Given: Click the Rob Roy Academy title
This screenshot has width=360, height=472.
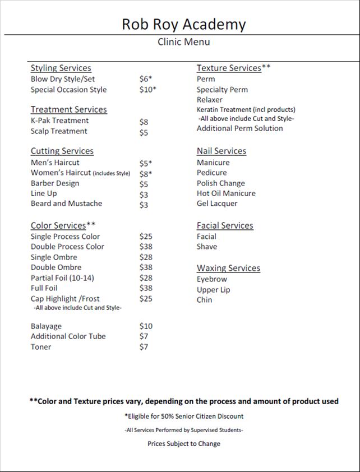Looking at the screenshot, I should pos(183,24).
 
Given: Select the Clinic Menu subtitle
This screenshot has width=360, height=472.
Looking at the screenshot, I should pos(183,42).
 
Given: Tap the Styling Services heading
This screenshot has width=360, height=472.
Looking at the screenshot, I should pos(61,68).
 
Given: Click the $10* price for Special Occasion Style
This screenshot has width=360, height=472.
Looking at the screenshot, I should pos(147,90).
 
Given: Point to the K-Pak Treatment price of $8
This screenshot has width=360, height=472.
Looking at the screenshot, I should pos(144,121).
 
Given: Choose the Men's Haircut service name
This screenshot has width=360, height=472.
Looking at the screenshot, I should pos(55,163).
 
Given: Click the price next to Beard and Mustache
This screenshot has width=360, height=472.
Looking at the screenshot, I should pos(144,204).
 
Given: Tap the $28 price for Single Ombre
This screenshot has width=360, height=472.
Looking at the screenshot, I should pos(146,257).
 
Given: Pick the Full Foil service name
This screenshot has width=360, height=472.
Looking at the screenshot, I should pos(44,288).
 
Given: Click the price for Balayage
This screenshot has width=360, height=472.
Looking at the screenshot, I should pos(146,326).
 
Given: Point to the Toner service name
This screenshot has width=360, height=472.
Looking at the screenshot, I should pos(41,347).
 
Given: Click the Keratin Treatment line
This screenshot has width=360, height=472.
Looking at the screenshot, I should pos(246,109).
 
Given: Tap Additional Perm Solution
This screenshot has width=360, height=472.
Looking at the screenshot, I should pos(239,128).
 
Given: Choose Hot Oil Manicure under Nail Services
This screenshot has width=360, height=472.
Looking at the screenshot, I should pos(226,193).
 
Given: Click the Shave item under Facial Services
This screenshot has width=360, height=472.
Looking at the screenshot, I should pos(207,247).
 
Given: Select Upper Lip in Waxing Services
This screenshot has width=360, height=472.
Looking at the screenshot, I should pos(213,290).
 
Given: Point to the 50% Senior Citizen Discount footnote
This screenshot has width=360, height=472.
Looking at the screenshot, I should pos(183,417).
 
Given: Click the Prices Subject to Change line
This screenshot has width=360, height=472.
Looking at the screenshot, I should pos(183,443).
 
